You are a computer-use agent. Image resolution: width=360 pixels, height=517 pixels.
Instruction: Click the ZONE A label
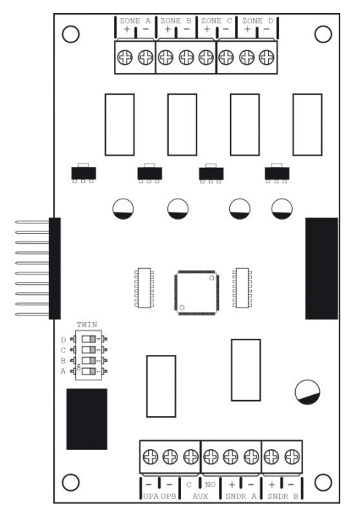tap(135, 20)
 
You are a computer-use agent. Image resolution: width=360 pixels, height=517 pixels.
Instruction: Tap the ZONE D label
tap(258, 20)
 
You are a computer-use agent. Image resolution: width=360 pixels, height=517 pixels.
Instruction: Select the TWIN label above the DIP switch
tap(87, 325)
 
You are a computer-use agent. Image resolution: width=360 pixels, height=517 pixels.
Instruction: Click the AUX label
tap(200, 497)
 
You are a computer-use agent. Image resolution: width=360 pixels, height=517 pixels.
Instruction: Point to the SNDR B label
tap(283, 497)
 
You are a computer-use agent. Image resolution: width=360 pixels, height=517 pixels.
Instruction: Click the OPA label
tap(151, 497)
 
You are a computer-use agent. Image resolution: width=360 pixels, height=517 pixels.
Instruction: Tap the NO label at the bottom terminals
tap(210, 485)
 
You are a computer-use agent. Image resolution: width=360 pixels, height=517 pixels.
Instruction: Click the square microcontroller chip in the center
tap(197, 293)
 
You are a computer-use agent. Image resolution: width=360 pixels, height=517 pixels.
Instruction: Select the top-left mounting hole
tap(71, 34)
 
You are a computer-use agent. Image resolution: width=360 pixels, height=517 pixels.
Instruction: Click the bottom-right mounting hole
tap(323, 483)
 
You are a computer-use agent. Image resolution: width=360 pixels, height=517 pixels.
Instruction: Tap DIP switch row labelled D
tap(88, 339)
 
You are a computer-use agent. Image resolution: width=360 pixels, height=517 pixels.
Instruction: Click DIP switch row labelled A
tap(88, 371)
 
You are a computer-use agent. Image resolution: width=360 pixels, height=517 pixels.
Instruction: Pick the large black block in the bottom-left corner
tap(87, 419)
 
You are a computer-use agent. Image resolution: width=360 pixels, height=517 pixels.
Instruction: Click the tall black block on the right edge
tap(322, 269)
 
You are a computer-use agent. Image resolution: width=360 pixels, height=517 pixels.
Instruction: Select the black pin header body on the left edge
tap(55, 269)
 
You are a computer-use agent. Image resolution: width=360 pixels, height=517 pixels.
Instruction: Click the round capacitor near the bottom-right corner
tap(307, 392)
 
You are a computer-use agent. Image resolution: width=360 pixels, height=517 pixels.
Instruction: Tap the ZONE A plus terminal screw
tap(125, 58)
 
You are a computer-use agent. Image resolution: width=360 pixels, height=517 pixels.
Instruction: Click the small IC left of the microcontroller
tap(144, 288)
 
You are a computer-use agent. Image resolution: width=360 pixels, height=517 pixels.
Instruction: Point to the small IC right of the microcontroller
tap(242, 288)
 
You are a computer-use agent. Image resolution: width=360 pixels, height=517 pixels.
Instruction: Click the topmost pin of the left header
tap(32, 222)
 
